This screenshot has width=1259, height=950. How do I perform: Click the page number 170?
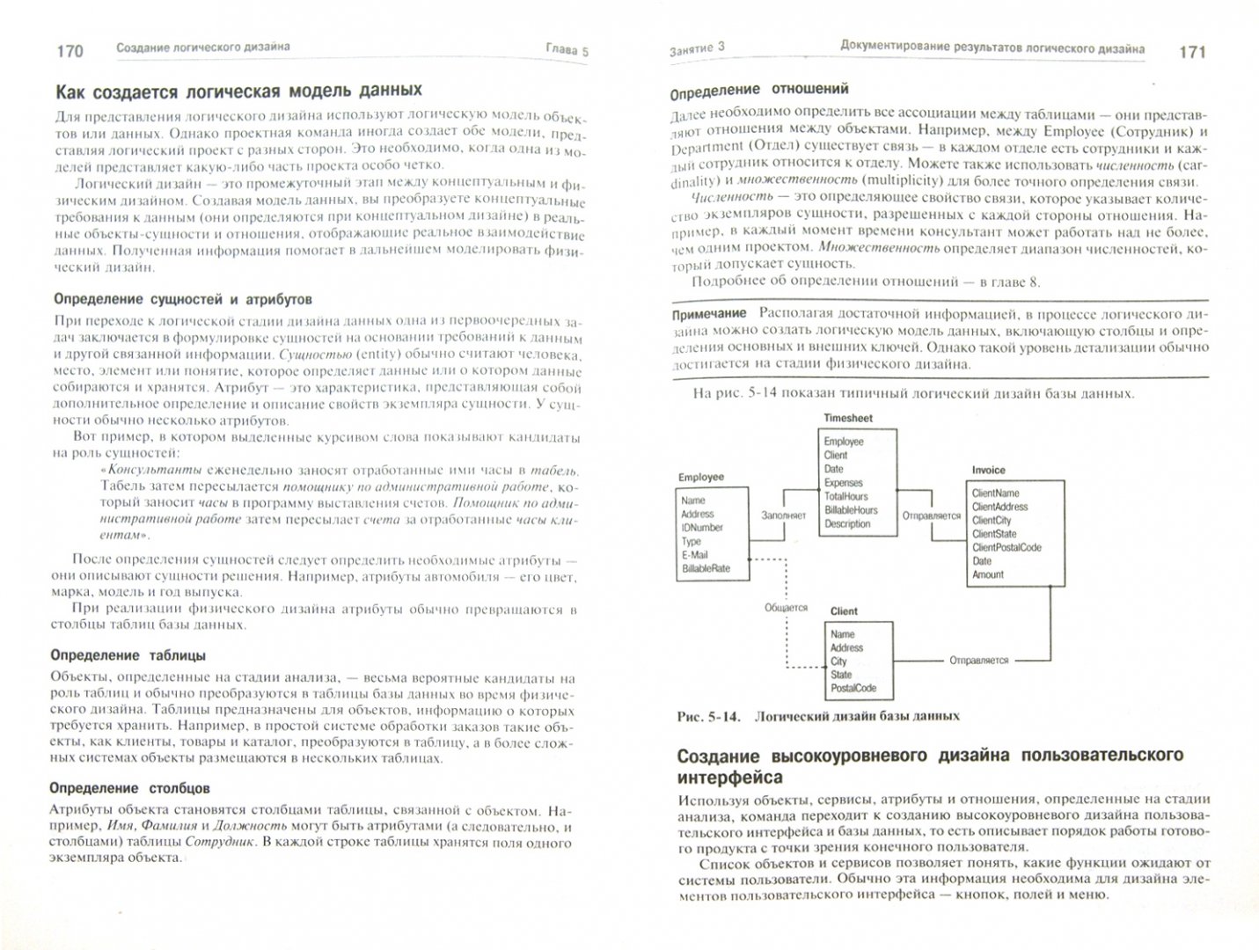(70, 50)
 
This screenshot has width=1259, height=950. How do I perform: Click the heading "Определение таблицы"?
(128, 654)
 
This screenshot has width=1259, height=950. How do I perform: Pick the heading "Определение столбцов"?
(130, 788)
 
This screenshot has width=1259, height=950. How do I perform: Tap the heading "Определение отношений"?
(759, 89)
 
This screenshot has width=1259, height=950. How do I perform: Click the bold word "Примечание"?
(708, 313)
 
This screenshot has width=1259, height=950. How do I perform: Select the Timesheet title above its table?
(847, 418)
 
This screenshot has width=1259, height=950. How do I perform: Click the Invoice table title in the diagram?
(988, 471)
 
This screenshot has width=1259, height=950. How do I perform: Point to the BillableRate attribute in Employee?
(705, 568)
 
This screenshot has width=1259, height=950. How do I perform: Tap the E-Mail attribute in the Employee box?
(694, 555)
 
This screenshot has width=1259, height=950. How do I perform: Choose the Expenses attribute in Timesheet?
(843, 483)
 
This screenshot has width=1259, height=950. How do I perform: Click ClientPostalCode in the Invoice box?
(1006, 547)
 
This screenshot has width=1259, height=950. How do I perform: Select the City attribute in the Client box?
(838, 661)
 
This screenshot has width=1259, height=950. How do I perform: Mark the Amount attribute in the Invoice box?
(987, 574)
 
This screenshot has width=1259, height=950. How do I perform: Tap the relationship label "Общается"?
(786, 607)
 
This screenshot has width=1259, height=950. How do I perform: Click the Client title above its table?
(844, 611)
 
